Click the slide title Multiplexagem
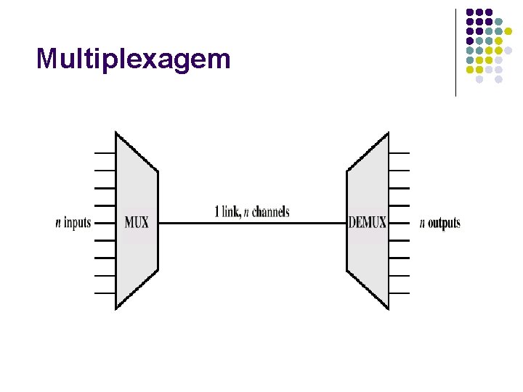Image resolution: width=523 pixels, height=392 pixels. click(133, 59)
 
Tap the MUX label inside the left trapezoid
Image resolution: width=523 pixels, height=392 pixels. click(137, 223)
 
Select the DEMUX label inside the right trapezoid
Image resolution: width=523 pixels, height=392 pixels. click(368, 223)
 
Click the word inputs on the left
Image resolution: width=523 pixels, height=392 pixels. click(78, 223)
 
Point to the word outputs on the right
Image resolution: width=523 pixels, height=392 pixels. click(444, 223)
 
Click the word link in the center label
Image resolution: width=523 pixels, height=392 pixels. click(230, 212)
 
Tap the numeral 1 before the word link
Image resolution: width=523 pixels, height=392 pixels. click(216, 212)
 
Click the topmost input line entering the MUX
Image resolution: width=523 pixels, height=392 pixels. click(105, 153)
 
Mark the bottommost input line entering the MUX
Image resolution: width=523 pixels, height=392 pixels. click(105, 293)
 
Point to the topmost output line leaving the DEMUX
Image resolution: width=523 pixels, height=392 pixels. click(399, 153)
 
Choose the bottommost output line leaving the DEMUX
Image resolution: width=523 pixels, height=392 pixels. click(399, 293)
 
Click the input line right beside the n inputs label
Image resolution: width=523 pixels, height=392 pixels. click(105, 223)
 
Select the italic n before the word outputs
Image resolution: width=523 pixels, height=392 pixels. click(422, 224)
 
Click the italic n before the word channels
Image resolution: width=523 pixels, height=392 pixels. click(246, 213)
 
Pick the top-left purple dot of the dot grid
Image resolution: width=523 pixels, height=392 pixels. click(470, 12)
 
